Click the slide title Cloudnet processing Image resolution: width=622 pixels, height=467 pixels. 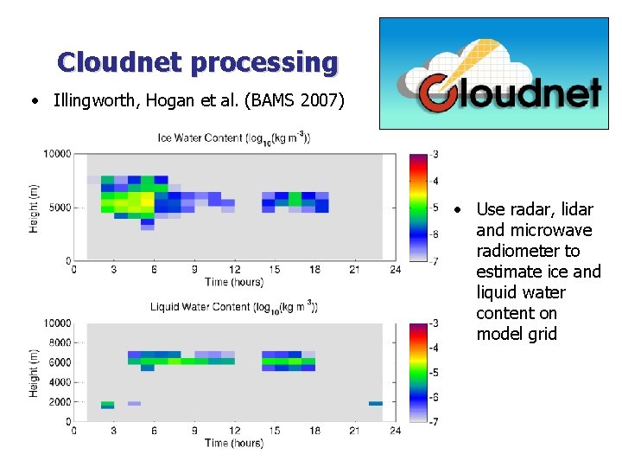point(198,62)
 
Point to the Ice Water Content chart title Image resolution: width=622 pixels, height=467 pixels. point(233,138)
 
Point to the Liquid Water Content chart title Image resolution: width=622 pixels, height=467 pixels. point(233,307)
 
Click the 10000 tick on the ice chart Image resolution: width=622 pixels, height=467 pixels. point(56,154)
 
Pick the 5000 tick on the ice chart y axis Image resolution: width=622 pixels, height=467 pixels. point(59,208)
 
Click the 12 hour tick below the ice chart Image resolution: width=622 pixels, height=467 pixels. point(234,270)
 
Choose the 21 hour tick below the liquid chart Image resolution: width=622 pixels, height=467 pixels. point(354,431)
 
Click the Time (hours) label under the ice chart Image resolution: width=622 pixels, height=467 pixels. point(234,282)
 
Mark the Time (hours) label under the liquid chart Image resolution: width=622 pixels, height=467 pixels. point(234,443)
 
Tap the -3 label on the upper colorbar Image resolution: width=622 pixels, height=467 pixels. point(435,154)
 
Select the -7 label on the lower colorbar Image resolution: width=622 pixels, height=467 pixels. point(435,421)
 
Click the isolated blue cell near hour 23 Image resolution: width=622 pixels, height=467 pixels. point(376,403)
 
